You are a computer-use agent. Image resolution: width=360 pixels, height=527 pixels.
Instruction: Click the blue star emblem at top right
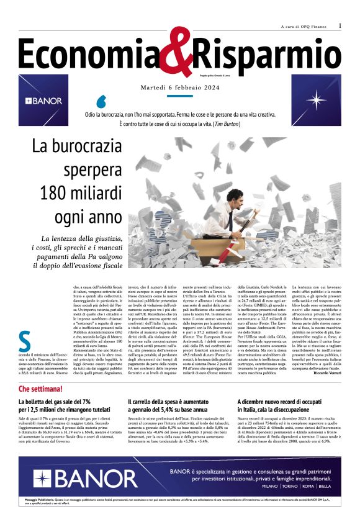point(323,100)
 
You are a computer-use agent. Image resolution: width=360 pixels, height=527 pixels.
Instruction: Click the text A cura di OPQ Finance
point(304,26)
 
